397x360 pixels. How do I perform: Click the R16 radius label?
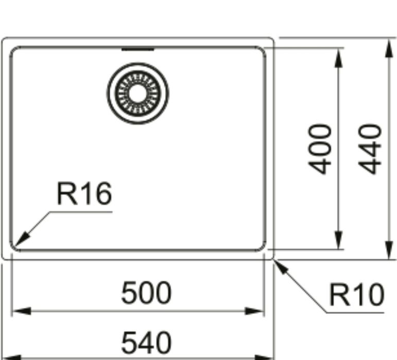pos(84,193)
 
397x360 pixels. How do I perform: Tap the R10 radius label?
pos(357,295)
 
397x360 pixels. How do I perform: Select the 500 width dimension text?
pos(147,293)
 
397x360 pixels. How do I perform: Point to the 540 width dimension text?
pos(147,343)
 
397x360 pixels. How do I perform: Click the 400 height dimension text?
pos(320,149)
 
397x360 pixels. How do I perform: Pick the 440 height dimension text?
pos(370,149)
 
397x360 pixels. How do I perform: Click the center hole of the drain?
pos(137,93)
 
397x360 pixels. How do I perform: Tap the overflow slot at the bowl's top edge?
pos(137,49)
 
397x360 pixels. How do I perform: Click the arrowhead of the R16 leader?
pos(21,239)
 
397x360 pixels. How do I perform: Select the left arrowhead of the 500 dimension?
pos(22,311)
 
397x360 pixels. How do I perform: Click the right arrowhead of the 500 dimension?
pos(254,311)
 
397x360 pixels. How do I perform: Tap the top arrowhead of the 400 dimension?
pos(338,58)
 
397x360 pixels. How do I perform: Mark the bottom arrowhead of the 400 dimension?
pos(338,240)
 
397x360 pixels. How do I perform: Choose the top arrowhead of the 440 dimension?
pos(389,47)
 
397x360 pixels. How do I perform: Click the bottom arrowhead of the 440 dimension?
pos(389,250)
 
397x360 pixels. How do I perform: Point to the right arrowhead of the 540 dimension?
pos(264,358)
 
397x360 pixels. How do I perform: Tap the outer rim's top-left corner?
pos(4,39)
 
